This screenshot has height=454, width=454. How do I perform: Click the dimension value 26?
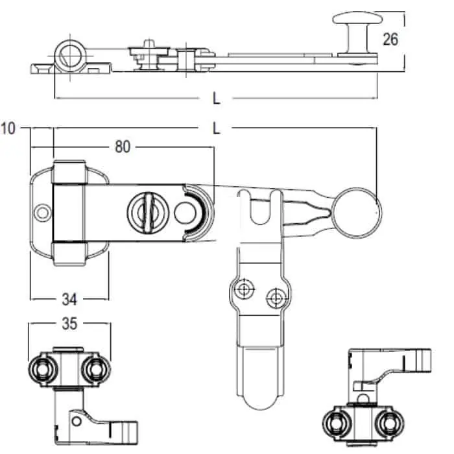click(390, 40)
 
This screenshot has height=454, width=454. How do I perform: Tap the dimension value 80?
click(123, 147)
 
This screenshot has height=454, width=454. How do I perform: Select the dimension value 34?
click(69, 300)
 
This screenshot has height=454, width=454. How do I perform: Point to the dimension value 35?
click(69, 324)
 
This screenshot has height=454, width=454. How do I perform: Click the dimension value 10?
click(8, 128)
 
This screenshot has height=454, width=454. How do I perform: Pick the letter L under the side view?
click(216, 99)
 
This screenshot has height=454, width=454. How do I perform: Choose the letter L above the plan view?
click(216, 128)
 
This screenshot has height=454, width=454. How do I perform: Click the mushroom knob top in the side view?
click(357, 18)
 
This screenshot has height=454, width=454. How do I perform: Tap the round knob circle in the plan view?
click(331, 213)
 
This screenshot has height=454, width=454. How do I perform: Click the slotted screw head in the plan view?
click(148, 212)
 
